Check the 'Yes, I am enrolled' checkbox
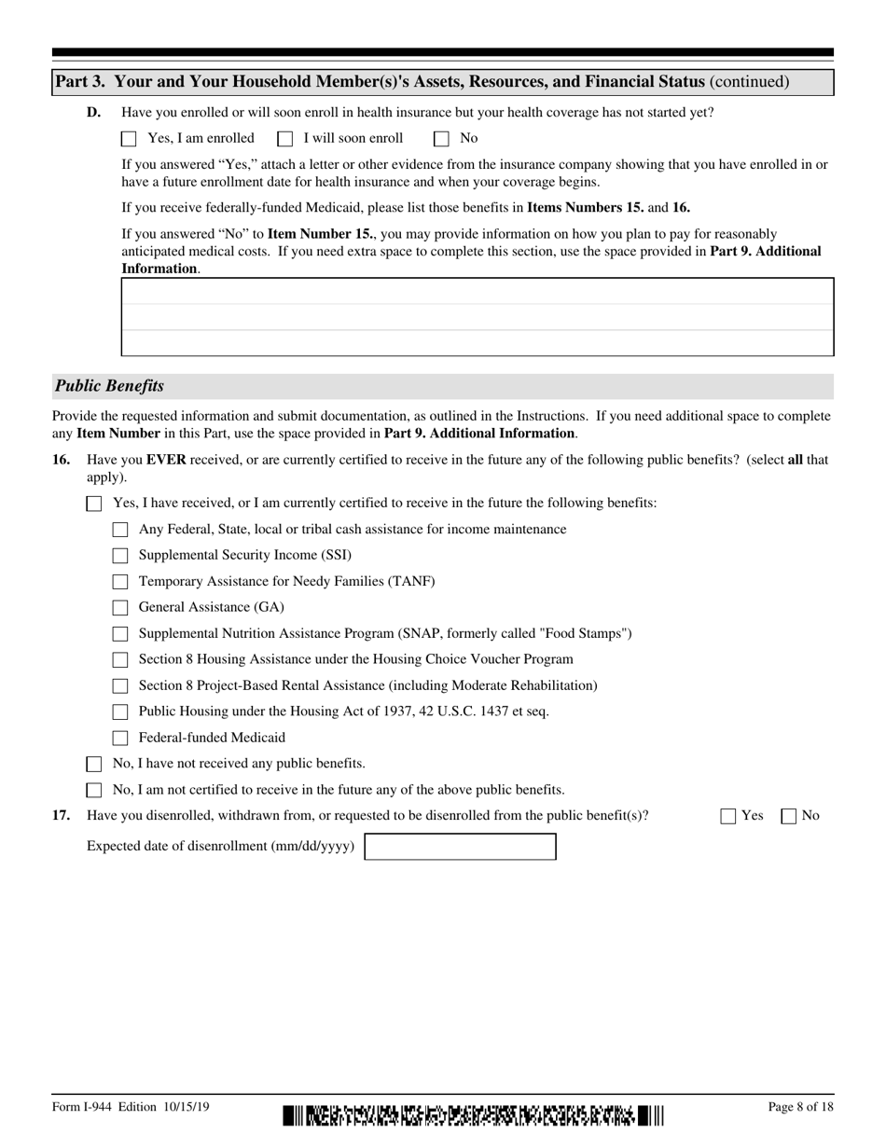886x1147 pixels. [129, 139]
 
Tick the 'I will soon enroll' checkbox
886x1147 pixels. [285, 139]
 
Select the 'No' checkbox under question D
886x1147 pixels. [442, 139]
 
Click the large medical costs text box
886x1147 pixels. [477, 317]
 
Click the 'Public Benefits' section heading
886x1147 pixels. [109, 386]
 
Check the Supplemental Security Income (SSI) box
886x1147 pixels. [120, 556]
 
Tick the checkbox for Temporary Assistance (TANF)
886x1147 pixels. [120, 582]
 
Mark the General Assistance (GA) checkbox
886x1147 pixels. [120, 608]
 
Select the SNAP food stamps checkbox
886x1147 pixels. [120, 634]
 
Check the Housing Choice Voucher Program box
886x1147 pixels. [120, 660]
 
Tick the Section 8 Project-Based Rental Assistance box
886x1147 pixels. [120, 686]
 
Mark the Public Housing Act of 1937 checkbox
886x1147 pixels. [120, 712]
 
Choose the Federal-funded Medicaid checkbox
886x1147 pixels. [120, 739]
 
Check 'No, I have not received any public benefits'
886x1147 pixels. [94, 765]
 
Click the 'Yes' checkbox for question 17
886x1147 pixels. [728, 817]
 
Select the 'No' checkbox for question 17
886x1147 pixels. [789, 817]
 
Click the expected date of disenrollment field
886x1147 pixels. [460, 847]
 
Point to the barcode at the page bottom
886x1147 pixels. [474, 1115]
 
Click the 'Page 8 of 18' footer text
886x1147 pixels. [800, 1107]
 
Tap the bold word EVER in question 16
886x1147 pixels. [166, 460]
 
